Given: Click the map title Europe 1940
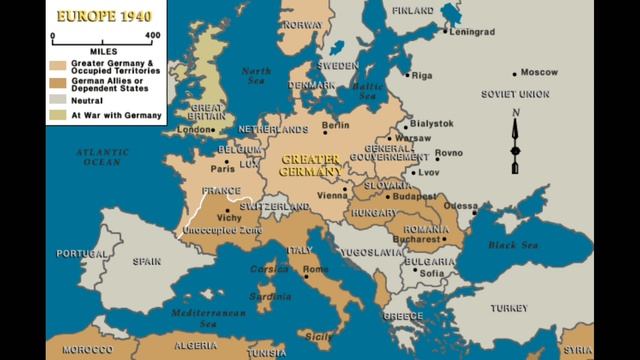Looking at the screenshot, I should pos(103,17).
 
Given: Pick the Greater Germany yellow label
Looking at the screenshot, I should pos(311,165).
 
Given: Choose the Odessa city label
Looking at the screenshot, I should pos(461,206).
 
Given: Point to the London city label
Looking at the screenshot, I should pos(195,130).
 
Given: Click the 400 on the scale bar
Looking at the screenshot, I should pos(153,35).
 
